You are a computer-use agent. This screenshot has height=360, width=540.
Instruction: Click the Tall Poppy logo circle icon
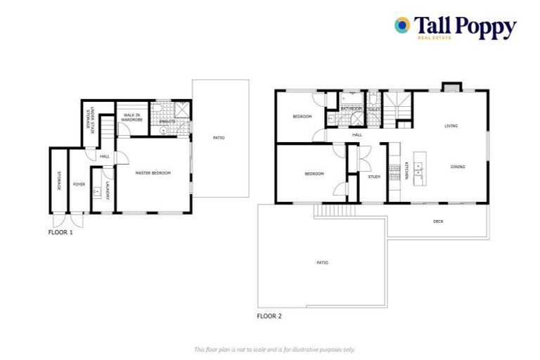[402, 26]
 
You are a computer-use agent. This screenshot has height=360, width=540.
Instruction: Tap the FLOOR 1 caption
[60, 232]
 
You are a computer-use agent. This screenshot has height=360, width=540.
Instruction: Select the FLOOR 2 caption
[269, 316]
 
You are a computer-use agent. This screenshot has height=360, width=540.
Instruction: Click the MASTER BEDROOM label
[153, 173]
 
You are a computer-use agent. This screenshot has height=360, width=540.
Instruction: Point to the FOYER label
[79, 184]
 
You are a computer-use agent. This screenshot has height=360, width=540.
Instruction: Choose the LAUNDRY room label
[107, 191]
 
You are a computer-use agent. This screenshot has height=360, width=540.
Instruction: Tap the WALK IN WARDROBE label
[132, 117]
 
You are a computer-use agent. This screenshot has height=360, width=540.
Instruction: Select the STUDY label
[374, 176]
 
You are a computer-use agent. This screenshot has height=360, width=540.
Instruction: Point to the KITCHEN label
[406, 172]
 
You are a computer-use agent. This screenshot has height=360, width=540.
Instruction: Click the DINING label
[458, 167]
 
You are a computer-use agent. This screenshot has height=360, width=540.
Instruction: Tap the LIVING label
[451, 126]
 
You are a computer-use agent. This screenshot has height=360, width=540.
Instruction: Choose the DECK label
[438, 221]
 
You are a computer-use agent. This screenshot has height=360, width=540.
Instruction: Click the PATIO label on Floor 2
[322, 262]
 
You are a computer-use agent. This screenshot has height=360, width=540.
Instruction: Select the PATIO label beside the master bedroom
[219, 137]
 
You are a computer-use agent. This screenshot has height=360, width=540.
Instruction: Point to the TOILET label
[373, 109]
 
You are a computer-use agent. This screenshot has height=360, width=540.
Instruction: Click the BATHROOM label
[352, 109]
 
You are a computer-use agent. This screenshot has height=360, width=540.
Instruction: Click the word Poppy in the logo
[485, 27]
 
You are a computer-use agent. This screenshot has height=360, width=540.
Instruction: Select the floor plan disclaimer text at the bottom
[275, 349]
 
